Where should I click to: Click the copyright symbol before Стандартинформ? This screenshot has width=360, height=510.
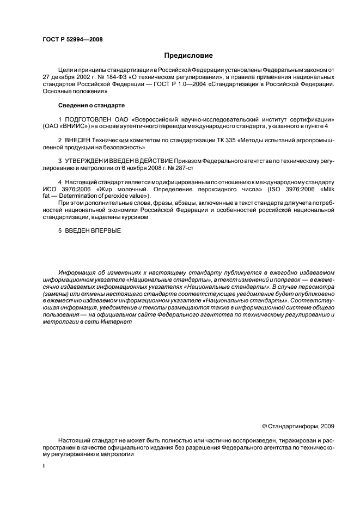click(x=265, y=426)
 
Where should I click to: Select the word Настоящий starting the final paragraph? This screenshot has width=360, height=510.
click(x=75, y=440)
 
